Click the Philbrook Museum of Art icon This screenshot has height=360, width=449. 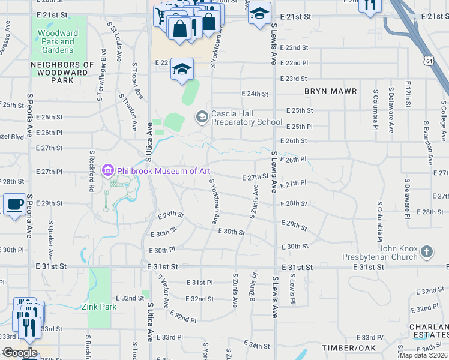pyautogui.click(x=108, y=171)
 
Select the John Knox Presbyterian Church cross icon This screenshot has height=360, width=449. pyautogui.click(x=426, y=252)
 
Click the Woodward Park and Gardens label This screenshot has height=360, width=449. pyautogui.click(x=55, y=41)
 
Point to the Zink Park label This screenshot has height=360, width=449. pyautogui.click(x=99, y=307)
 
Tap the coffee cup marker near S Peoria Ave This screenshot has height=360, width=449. pyautogui.click(x=15, y=205)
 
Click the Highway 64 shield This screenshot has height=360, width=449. pyautogui.click(x=428, y=61)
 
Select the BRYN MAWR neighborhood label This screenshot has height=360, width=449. pyautogui.click(x=330, y=91)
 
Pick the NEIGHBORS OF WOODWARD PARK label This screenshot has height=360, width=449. pyautogui.click(x=62, y=72)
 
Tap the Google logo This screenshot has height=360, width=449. pyautogui.click(x=19, y=353)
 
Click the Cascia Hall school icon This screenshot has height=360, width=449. pyautogui.click(x=202, y=116)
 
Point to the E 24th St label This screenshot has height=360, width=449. pyautogui.click(x=255, y=94)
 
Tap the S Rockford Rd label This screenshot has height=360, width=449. pyautogui.click(x=92, y=171)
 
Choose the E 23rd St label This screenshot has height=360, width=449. pyautogui.click(x=294, y=79)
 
